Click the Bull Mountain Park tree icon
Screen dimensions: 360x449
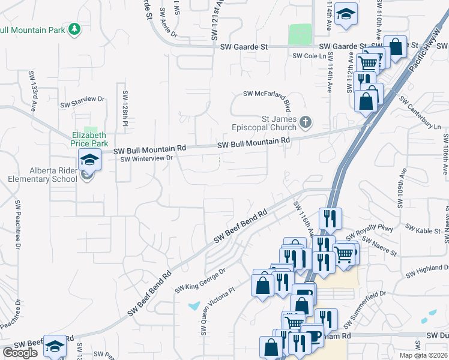click(x=74, y=29)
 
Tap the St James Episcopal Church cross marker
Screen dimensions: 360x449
click(x=306, y=123)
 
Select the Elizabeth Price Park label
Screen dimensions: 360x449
click(x=89, y=139)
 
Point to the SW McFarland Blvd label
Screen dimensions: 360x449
click(x=267, y=94)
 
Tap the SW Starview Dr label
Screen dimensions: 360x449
click(x=82, y=102)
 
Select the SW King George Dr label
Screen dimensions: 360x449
click(x=200, y=281)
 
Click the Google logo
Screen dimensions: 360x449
click(x=20, y=353)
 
